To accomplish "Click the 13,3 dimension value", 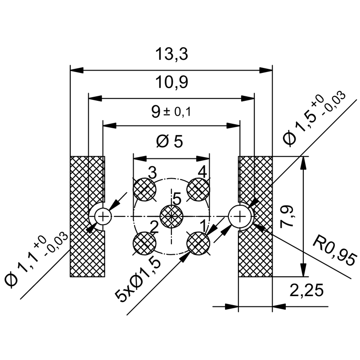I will pos(171,54).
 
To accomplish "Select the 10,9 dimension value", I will pos(171,83).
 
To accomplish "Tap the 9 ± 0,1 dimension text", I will pos(171,111).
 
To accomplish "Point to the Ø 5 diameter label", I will pos(170,141).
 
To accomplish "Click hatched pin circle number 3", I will pos(145,189).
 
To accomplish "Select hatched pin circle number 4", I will pos(198,189).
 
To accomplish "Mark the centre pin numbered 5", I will pos(171,216).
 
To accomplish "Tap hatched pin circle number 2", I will pos(145,243).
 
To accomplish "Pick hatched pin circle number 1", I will pos(198,243).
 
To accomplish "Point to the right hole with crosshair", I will pos(240,216).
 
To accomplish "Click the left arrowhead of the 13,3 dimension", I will pos(76,70).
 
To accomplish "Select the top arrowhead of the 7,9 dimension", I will pos(305,162).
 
